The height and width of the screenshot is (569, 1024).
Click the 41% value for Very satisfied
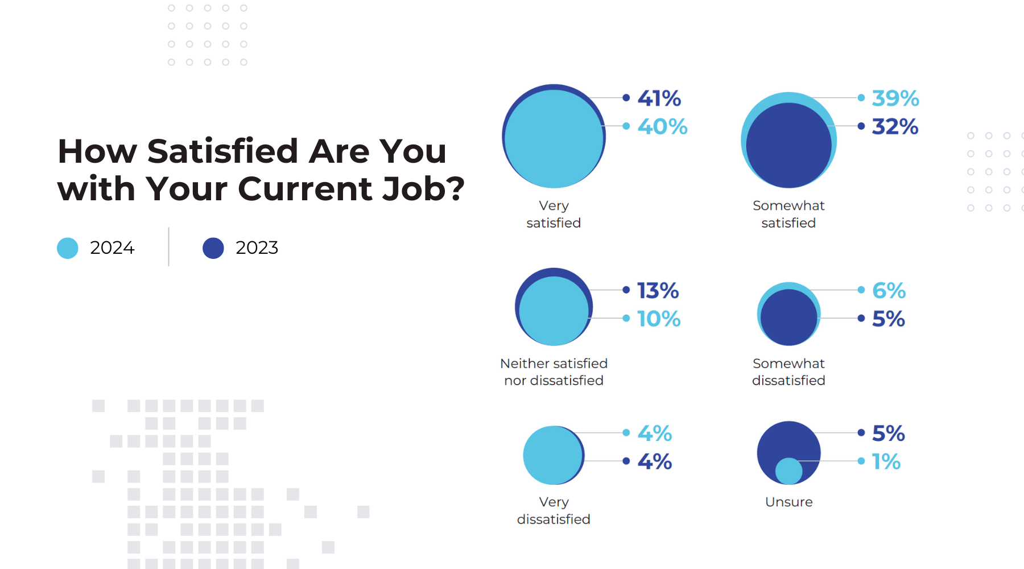click(x=659, y=98)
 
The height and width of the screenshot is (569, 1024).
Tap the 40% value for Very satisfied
click(x=662, y=126)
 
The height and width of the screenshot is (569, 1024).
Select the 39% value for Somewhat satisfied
click(x=895, y=98)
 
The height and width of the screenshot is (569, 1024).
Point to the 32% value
click(x=895, y=126)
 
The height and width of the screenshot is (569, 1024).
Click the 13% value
click(x=658, y=291)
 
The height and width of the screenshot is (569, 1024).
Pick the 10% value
click(x=659, y=319)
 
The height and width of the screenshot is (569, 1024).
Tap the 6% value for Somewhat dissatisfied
click(x=889, y=291)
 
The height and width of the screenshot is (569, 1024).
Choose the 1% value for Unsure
click(x=886, y=461)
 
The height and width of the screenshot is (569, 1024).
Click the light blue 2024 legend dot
click(x=68, y=248)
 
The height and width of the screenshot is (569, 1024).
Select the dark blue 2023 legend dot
click(x=213, y=248)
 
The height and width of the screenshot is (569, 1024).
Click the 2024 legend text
click(x=112, y=248)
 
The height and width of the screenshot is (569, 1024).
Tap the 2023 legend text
click(x=257, y=248)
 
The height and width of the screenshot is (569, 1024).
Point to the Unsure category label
click(x=788, y=502)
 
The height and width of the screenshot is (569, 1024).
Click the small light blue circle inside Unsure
click(x=788, y=471)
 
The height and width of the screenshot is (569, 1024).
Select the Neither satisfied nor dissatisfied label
click(x=554, y=372)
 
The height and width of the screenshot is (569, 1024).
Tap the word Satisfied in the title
click(x=222, y=151)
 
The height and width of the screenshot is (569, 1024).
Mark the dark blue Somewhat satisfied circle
click(x=788, y=145)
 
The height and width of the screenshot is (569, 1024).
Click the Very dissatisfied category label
click(x=554, y=510)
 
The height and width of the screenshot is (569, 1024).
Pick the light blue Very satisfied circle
click(x=554, y=138)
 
